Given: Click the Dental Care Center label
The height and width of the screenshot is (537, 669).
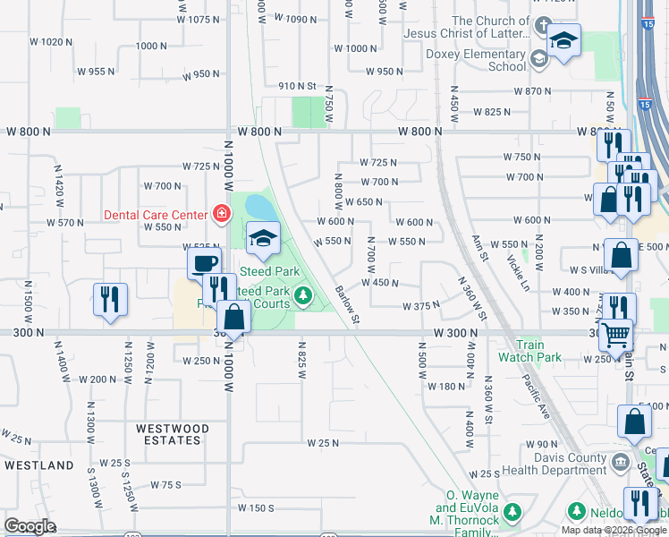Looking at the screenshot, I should tap(156, 214).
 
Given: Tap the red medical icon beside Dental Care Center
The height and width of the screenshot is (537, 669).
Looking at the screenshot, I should tap(220, 213).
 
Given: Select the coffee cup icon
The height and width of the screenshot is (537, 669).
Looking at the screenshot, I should tap(205, 263).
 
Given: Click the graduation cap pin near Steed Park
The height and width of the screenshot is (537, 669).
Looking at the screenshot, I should tap(264, 238).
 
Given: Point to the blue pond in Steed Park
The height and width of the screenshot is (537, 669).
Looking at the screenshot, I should tap(260, 208).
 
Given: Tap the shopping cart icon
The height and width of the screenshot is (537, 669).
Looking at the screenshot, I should tap(616, 335).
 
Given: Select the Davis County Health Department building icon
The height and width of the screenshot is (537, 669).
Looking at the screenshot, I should tap(620, 463).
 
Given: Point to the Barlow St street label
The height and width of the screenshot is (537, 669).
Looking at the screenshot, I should tap(347, 304).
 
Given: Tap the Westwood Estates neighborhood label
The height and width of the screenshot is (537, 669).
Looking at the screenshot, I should tap(173, 435).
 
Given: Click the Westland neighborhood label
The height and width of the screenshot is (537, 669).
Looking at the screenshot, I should tap(38, 465).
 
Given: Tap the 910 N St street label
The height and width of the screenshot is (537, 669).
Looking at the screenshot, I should tap(298, 86).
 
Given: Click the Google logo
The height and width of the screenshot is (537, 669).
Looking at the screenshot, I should tap(30, 525).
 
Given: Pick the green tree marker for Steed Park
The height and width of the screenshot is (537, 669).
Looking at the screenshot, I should tap(304, 294).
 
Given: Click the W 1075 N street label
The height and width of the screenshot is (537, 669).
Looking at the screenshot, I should tap(199, 19).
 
